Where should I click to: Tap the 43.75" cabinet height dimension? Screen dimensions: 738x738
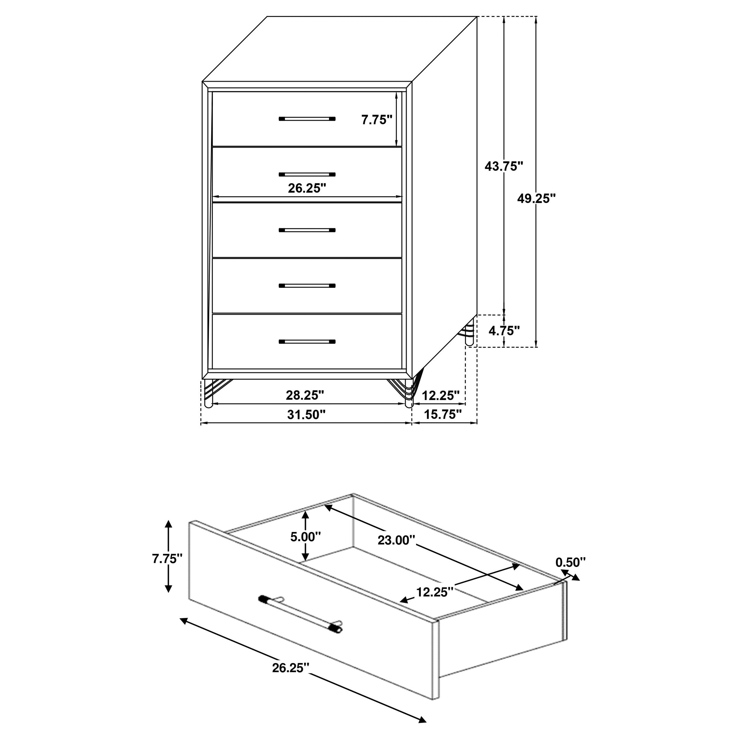503,166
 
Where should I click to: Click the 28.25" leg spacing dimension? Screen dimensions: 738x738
305,395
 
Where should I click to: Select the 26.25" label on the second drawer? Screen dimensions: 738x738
307,188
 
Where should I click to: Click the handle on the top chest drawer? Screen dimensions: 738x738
307,119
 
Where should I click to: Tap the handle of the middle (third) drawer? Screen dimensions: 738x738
307,230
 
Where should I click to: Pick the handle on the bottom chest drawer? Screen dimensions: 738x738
307,342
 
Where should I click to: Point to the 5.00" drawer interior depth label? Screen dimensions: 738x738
305,537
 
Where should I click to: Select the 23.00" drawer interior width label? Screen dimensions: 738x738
396,540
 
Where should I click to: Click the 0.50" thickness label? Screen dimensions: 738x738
570,562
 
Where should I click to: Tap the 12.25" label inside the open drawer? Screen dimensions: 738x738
435,592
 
